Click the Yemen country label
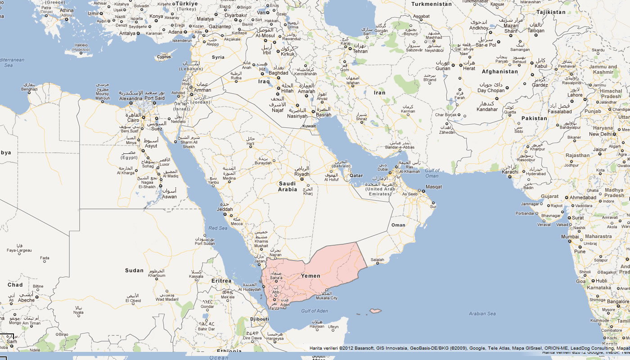(x=310, y=276)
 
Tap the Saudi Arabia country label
(x=288, y=186)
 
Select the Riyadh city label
(x=302, y=174)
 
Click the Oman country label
(x=398, y=225)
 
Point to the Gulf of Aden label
(x=315, y=311)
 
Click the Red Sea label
(x=218, y=228)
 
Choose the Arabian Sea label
(x=482, y=314)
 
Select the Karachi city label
(x=510, y=172)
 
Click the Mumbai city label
(x=570, y=237)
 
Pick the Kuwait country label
(x=309, y=126)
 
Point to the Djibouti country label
(x=260, y=319)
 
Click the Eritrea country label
(x=221, y=281)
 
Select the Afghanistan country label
(x=500, y=72)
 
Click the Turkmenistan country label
(x=431, y=4)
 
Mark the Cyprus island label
(x=164, y=57)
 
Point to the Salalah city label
(x=377, y=260)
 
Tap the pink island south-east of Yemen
(x=375, y=310)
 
